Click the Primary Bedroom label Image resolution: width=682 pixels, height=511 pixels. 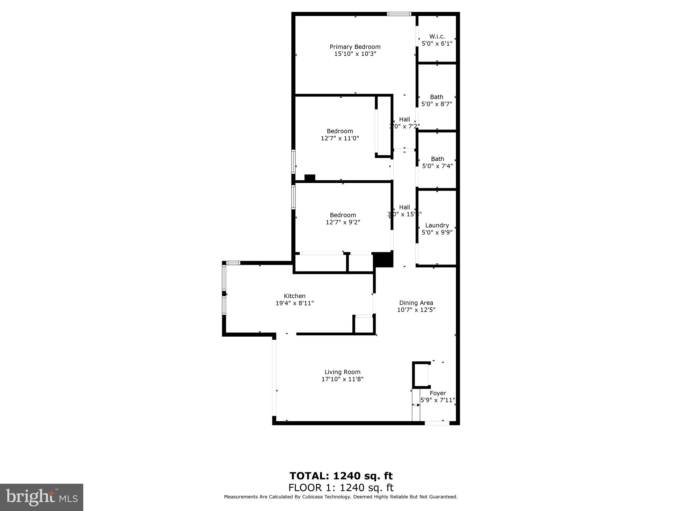(355, 47)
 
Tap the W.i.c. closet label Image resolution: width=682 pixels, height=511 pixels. (437, 36)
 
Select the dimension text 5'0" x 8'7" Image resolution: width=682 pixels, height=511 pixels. (437, 104)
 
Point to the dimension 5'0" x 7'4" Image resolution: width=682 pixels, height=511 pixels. (437, 166)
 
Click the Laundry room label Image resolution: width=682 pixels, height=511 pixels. (437, 225)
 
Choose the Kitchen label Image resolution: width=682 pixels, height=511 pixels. (294, 296)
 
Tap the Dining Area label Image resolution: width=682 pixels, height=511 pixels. (416, 303)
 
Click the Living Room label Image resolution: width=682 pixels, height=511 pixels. (342, 372)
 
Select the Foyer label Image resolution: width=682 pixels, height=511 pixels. (438, 393)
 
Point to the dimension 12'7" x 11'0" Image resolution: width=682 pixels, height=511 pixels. (340, 138)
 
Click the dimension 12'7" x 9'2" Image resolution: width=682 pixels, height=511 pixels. (343, 222)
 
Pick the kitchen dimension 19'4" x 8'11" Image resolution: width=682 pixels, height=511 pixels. (294, 303)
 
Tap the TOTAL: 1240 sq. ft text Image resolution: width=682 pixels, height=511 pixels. (341, 476)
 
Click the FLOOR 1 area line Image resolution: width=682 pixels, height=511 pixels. (341, 488)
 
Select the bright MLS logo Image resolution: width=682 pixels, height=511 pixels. (42, 497)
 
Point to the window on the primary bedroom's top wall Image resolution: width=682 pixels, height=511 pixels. (399, 14)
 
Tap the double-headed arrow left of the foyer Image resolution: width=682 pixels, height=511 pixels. (416, 405)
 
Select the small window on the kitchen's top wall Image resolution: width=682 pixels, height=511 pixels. (233, 263)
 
